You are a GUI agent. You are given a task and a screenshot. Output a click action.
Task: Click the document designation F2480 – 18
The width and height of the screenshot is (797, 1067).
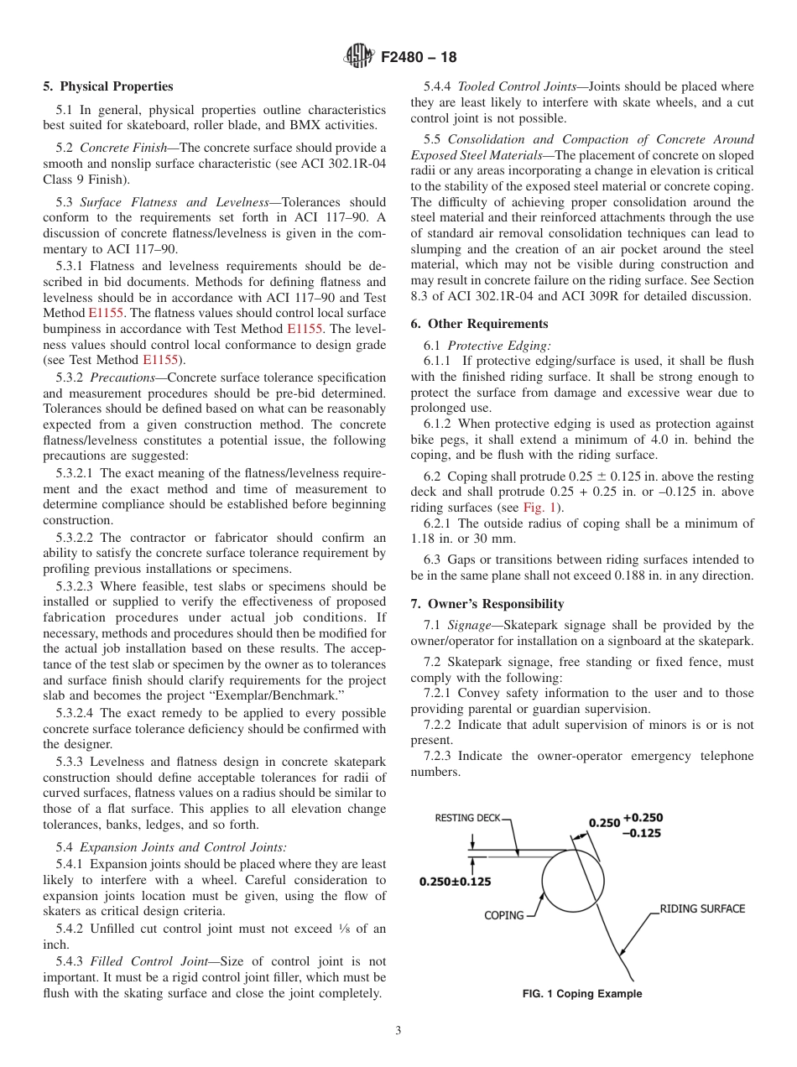click(x=419, y=58)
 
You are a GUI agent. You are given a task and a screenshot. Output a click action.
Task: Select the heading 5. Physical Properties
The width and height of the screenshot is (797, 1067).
click(x=108, y=86)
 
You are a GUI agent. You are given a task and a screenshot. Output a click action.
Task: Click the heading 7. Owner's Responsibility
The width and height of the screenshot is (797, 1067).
click(x=487, y=604)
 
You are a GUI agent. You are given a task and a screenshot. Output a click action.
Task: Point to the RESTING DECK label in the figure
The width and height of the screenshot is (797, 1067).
click(x=467, y=819)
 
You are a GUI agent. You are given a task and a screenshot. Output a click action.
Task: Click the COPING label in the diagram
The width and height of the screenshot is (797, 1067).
click(x=504, y=915)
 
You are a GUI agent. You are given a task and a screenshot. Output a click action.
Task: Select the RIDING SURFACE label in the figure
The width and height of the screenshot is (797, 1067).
click(x=702, y=908)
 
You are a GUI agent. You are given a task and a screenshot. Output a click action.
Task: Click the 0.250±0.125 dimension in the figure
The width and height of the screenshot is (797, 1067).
click(x=456, y=882)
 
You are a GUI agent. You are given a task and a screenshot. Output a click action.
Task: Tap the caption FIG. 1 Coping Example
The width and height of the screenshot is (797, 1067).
click(x=582, y=994)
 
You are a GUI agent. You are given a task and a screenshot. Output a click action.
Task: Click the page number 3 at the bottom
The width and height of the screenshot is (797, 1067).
click(x=398, y=1031)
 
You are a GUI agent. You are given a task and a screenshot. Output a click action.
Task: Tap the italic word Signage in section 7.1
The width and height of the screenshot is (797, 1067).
click(x=469, y=625)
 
